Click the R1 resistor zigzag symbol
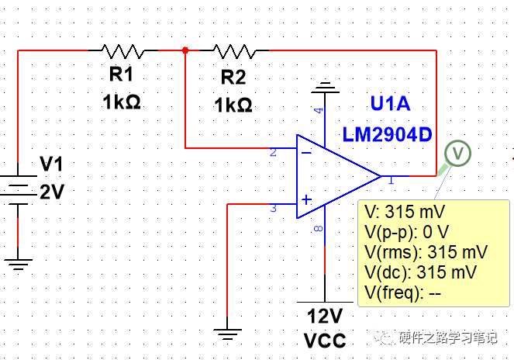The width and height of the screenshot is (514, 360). click(x=122, y=51)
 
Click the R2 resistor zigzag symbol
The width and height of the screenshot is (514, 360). click(x=233, y=51)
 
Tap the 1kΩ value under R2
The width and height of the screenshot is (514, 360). click(x=232, y=105)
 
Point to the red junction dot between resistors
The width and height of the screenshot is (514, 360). click(x=185, y=51)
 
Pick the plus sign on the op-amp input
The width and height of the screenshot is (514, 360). click(x=306, y=201)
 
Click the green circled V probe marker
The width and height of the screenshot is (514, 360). click(x=458, y=153)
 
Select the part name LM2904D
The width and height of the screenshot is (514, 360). click(x=387, y=134)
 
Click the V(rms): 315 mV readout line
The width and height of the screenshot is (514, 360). click(x=425, y=252)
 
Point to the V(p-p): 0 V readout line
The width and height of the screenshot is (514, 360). click(x=406, y=232)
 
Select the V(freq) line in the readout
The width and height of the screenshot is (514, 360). click(x=402, y=292)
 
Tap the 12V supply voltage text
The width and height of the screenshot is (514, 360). click(x=325, y=317)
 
